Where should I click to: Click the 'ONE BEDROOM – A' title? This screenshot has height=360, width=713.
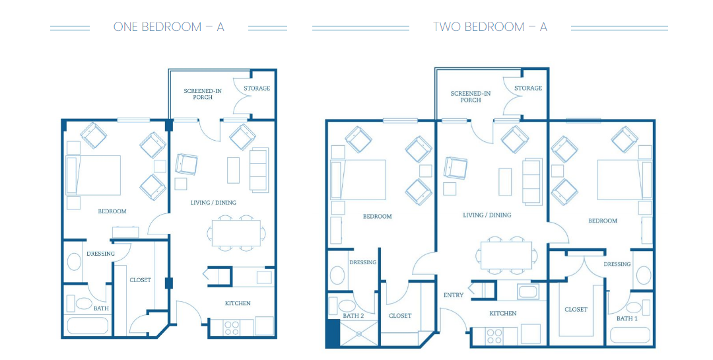coord(169,27)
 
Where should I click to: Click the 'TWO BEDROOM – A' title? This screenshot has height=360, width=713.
coord(490,27)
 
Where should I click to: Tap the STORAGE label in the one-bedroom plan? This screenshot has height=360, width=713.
coord(257,89)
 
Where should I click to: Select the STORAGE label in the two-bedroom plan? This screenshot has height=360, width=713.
coord(528,88)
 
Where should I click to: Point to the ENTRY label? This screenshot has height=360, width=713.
coord(454,295)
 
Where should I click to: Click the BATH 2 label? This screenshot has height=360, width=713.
coord(353,315)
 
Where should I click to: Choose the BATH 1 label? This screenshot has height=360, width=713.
coord(627,318)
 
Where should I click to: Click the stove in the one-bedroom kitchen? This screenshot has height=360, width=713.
coord(232,328)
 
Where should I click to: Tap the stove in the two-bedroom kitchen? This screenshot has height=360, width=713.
coord(494,336)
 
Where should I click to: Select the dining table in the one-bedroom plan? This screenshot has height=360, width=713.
coord(236,233)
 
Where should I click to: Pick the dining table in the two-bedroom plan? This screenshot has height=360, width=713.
coord(506,255)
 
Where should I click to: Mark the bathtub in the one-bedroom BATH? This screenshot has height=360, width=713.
coord(88,326)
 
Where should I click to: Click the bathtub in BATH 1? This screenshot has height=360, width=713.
coord(630,335)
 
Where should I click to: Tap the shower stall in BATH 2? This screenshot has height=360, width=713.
coord(358,334)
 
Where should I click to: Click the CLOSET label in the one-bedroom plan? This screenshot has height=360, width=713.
coord(140,280)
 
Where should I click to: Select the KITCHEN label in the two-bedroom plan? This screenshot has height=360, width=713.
coord(503,313)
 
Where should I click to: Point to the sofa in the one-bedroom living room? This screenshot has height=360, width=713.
coord(259,169)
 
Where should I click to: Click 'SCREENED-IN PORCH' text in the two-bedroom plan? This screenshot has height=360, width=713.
coord(471,96)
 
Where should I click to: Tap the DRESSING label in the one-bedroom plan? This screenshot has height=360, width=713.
coord(100,254)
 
